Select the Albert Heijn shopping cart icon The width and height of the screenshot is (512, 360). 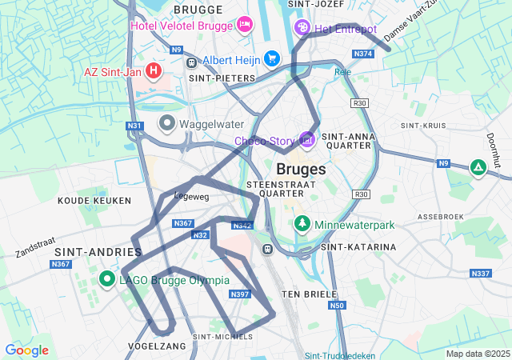(272, 58)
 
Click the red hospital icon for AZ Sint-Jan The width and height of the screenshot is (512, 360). (154, 71)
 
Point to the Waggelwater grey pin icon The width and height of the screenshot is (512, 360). (167, 123)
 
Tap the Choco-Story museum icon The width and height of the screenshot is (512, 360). (306, 140)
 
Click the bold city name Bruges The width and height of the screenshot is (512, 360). (301, 170)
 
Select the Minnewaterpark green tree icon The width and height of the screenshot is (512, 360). (302, 222)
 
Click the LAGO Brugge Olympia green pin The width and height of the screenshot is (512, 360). (107, 279)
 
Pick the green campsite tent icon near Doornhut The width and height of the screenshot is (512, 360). (478, 167)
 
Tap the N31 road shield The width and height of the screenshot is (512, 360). (134, 126)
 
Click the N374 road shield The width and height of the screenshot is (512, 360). (363, 54)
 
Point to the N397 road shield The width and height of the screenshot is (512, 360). (240, 294)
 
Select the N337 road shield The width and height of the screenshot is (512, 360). (481, 274)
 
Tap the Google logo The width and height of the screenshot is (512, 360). (26, 350)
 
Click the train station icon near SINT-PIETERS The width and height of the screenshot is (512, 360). (191, 62)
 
